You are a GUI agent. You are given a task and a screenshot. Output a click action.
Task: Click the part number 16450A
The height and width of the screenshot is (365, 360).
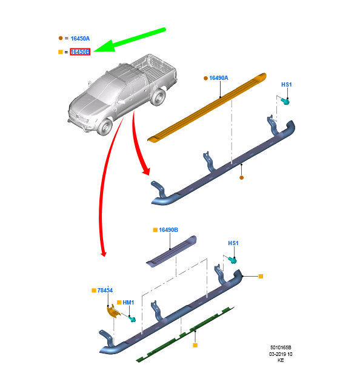[80, 39]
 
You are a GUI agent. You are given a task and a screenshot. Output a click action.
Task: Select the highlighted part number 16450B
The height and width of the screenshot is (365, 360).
[80, 52]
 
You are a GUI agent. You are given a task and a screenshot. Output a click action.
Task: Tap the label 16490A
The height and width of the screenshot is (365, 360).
[219, 78]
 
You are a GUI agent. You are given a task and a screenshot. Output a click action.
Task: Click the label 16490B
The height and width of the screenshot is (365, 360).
[168, 230]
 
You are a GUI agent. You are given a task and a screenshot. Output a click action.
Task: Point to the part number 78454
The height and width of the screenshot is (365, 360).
[105, 291]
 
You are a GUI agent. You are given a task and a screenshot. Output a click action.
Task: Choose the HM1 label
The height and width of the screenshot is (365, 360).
[128, 303]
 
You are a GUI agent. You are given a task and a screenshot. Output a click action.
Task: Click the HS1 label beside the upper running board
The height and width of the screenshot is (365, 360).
[287, 85]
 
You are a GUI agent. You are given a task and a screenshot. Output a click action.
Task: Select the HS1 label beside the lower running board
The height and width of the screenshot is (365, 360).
[233, 243]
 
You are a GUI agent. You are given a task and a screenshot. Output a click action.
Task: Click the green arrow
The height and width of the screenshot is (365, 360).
[130, 40]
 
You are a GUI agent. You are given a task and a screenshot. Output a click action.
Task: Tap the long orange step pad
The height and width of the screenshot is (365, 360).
[207, 107]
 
